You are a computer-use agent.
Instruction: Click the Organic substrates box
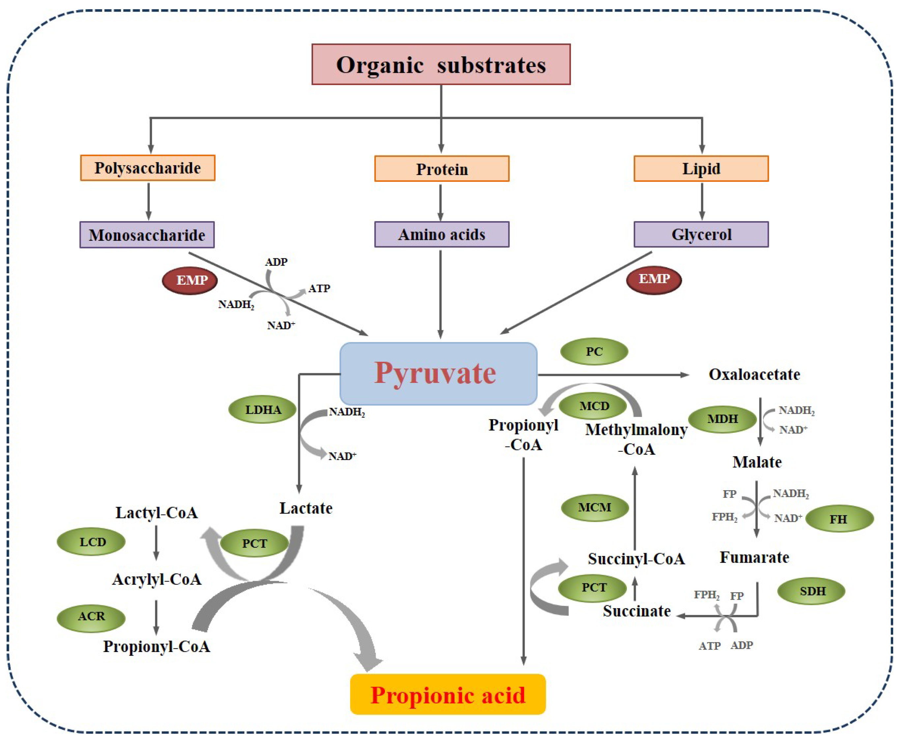point(441,64)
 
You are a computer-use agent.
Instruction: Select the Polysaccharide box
point(148,168)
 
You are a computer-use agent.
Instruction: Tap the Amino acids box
point(441,234)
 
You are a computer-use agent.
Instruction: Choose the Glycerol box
point(701,234)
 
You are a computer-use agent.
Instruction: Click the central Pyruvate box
point(438,373)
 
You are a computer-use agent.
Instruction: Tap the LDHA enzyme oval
point(262,410)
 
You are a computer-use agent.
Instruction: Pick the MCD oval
point(593,406)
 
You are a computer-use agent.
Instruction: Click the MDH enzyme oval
point(722,419)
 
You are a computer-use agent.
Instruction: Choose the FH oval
point(839,519)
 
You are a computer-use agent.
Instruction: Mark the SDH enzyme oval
point(811,591)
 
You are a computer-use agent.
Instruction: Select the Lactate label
point(306,508)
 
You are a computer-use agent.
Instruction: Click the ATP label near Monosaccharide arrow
point(319,289)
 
